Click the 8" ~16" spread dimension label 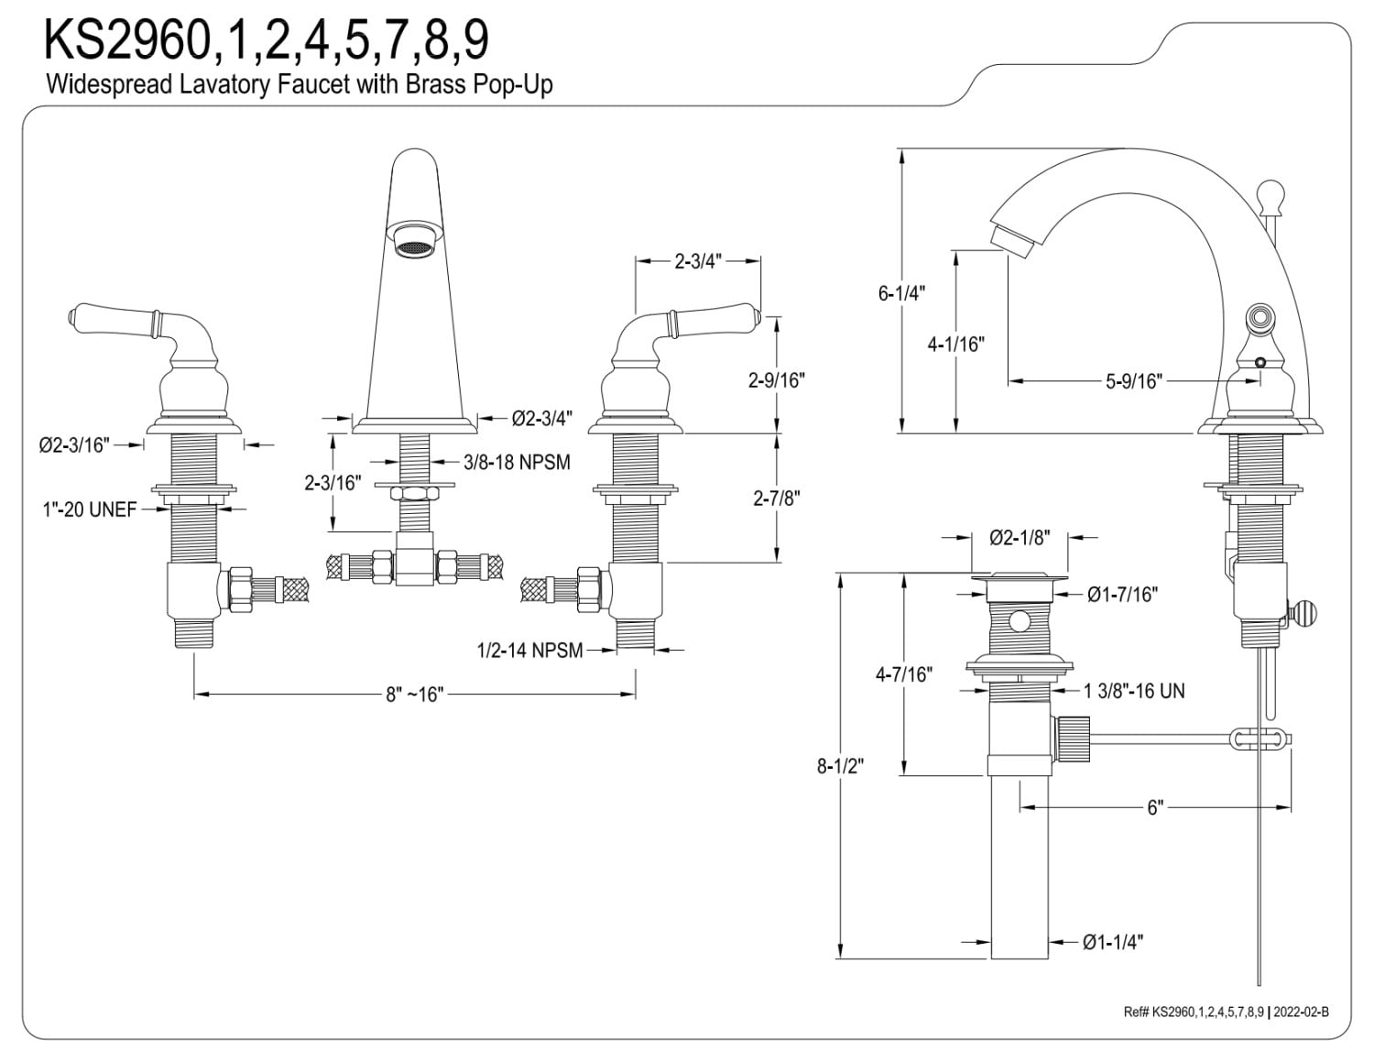(414, 695)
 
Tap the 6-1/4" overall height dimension (902, 293)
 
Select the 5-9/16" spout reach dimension (1133, 381)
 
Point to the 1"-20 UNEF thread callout (89, 509)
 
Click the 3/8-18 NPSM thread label (517, 463)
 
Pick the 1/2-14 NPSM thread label (529, 651)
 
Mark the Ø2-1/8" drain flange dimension (1019, 538)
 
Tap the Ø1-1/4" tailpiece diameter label (1112, 942)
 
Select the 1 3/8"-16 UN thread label (1134, 691)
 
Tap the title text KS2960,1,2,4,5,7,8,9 (267, 39)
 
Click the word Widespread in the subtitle (95, 85)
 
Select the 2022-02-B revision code (1302, 1012)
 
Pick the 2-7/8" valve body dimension (777, 498)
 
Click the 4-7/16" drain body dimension (904, 675)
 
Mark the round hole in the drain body (1019, 623)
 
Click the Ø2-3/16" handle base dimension (74, 445)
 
